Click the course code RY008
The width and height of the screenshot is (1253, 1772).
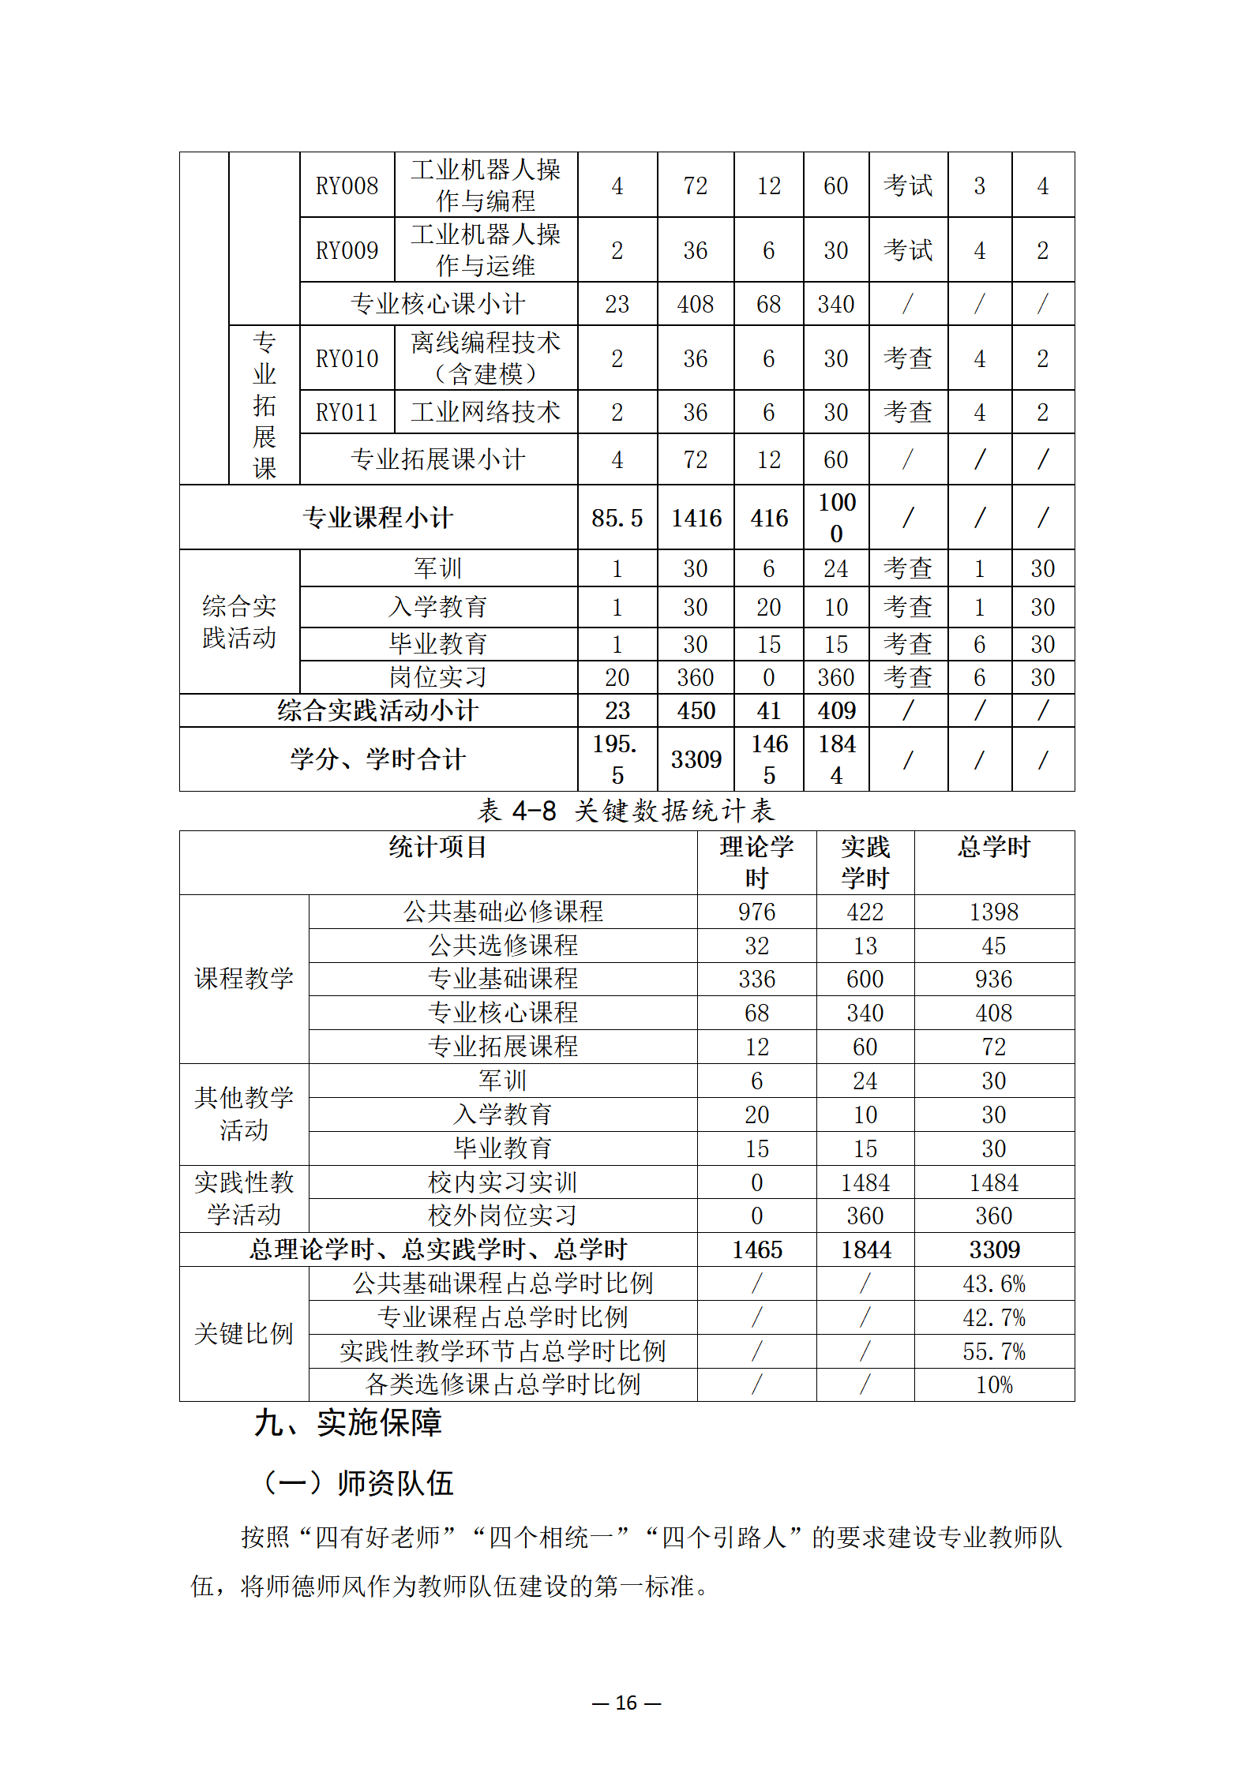point(347,185)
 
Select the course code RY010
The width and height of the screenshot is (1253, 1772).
point(347,358)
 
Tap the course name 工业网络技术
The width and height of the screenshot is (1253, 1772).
point(486,412)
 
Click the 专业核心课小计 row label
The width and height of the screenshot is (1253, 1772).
point(438,304)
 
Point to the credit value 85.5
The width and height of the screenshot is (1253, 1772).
point(617,518)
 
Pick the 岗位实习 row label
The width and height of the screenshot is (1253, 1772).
point(438,677)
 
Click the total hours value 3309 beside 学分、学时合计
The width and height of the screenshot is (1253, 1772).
point(696,759)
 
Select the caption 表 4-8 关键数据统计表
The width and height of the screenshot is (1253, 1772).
point(626,811)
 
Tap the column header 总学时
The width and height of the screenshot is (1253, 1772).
point(993,848)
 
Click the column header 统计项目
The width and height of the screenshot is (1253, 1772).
point(437,848)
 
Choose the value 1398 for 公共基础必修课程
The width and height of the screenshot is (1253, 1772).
point(993,912)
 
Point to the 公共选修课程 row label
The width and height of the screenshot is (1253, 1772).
point(503,946)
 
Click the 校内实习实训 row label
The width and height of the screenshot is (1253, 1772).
point(503,1182)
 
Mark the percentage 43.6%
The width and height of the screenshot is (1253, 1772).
point(993,1284)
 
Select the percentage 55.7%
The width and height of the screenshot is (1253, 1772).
point(993,1352)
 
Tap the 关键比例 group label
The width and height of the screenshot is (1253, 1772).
point(244,1334)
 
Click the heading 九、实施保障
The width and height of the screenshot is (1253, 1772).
point(347,1423)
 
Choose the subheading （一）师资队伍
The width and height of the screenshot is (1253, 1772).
point(358,1483)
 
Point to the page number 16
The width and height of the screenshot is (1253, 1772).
point(626,1703)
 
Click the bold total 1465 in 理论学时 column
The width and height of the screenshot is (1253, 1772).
point(756,1250)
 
